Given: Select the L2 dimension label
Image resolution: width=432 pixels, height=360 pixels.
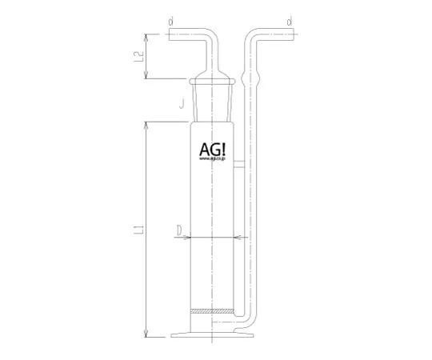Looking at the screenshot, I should pyautogui.click(x=138, y=56).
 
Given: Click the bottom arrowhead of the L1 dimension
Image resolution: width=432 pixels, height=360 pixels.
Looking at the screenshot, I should pyautogui.click(x=145, y=334).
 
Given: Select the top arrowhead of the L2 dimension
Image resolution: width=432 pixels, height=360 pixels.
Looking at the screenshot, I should pyautogui.click(x=145, y=35).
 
